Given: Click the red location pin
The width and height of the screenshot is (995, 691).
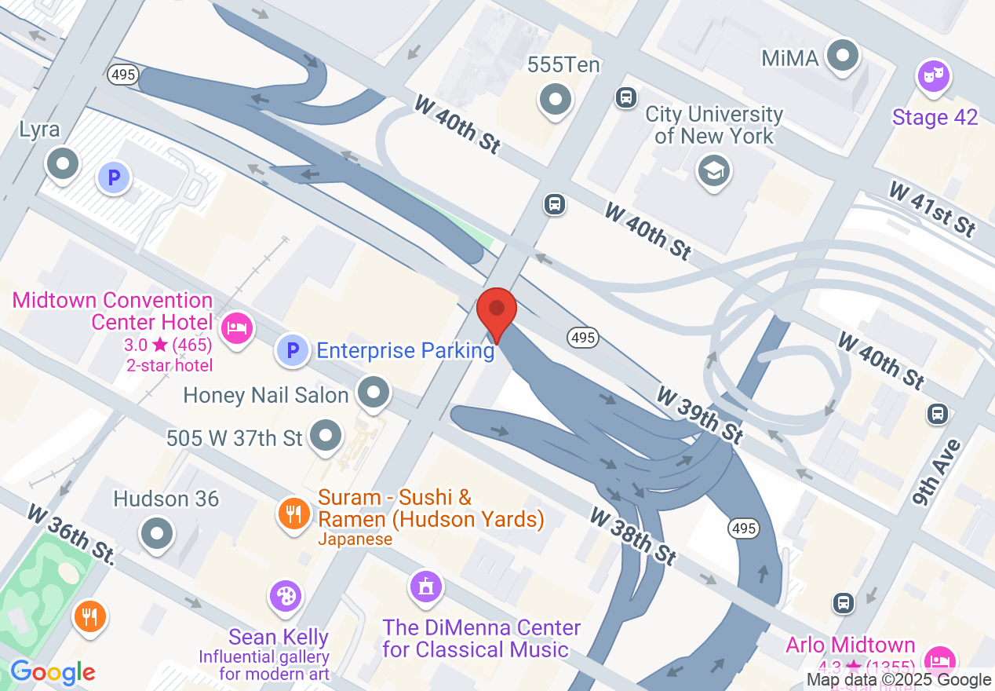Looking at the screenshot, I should pyautogui.click(x=497, y=311).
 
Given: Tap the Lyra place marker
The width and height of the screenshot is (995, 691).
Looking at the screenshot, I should pyautogui.click(x=63, y=164).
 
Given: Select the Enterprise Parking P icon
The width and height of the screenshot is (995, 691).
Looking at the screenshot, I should pyautogui.click(x=292, y=349).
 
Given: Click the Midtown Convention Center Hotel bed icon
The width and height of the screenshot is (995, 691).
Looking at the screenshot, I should pyautogui.click(x=235, y=327).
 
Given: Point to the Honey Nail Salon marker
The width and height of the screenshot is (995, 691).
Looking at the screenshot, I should pyautogui.click(x=374, y=391).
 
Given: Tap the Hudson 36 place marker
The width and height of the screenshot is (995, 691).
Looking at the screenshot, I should pyautogui.click(x=156, y=533).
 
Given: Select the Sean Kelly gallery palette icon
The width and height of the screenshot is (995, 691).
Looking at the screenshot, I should pyautogui.click(x=285, y=596).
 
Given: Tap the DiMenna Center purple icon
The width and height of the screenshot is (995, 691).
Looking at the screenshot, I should pyautogui.click(x=425, y=586).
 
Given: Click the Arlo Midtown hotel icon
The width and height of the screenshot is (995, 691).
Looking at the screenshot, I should pyautogui.click(x=939, y=658).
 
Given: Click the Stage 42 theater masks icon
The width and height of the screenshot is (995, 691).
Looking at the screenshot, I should pyautogui.click(x=934, y=77).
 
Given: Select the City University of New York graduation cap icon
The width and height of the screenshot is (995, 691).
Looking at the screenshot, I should pyautogui.click(x=714, y=170).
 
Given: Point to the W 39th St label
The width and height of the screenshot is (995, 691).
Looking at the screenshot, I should pyautogui.click(x=700, y=414).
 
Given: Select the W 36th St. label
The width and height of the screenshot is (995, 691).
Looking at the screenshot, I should pyautogui.click(x=71, y=535).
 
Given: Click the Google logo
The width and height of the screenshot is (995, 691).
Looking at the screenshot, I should pyautogui.click(x=52, y=672).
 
